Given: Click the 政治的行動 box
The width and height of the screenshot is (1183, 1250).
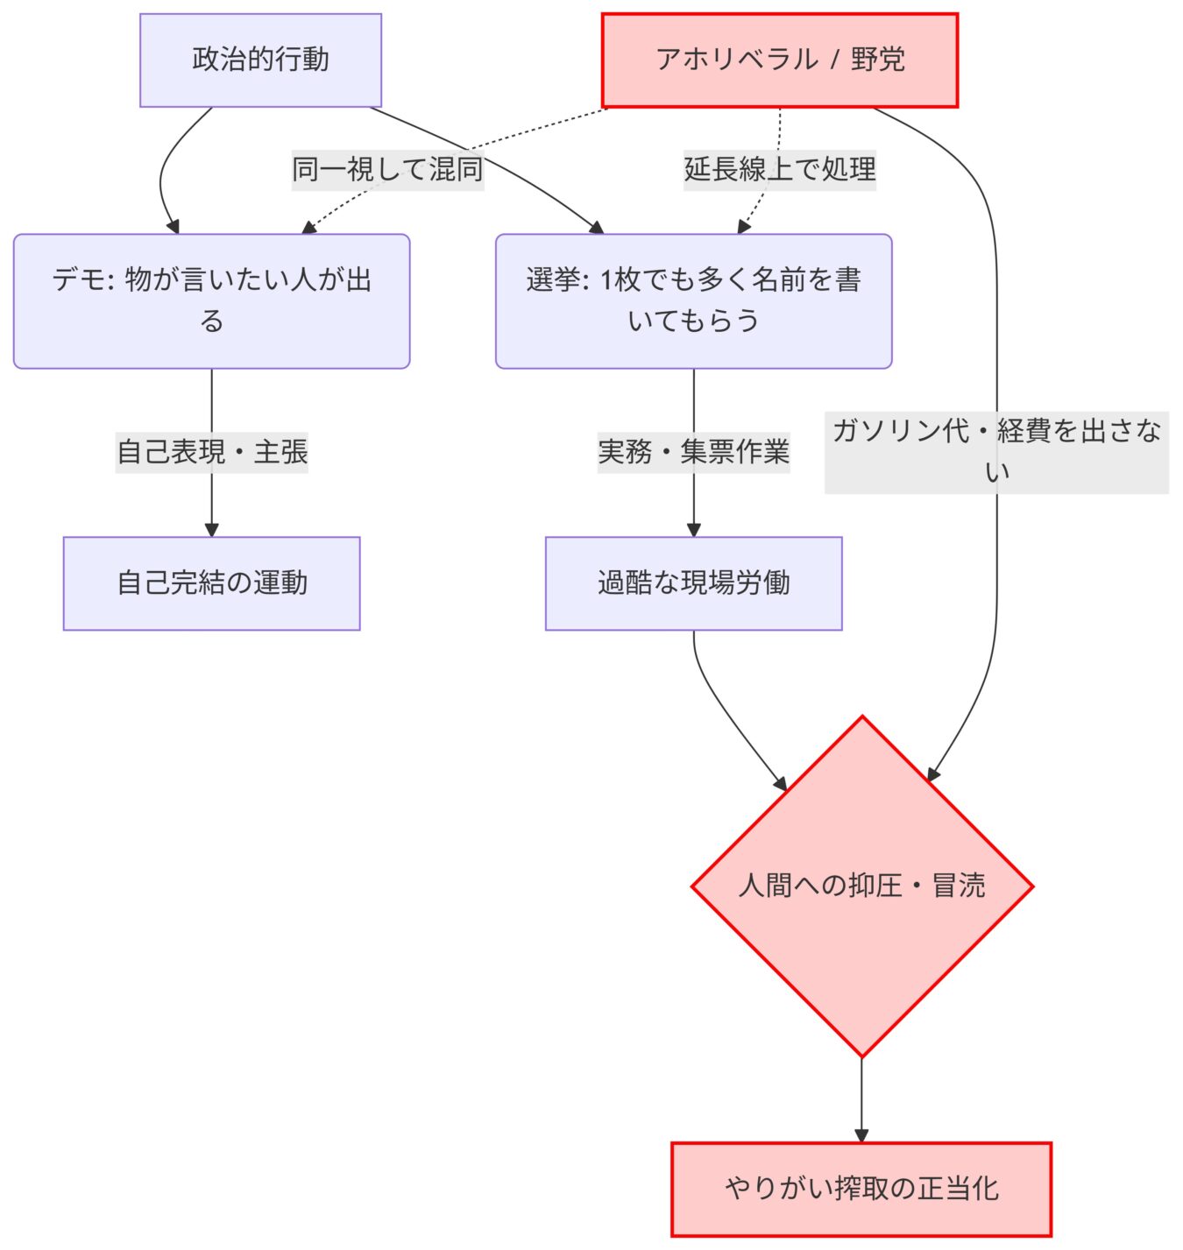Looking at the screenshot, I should point(260,60).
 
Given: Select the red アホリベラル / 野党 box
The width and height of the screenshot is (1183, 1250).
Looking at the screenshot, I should point(779,60).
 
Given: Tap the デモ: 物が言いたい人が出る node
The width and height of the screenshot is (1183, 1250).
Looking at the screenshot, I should point(211,300).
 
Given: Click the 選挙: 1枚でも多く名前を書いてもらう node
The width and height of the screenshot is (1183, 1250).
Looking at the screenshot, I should point(693,300).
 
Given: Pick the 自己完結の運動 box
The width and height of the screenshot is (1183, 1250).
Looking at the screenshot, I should point(211,583).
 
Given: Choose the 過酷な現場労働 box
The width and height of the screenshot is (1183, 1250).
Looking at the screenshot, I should point(693,583).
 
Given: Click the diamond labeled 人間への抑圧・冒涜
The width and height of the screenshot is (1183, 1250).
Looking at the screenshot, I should point(862,886).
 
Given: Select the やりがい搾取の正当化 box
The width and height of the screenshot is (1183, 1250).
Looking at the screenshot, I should point(861,1189).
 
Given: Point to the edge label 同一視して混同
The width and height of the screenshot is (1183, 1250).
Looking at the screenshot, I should point(387,169).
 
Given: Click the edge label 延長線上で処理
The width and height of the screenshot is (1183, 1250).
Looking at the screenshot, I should point(779,169).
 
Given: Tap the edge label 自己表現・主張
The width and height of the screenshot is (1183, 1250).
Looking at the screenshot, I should point(211,452).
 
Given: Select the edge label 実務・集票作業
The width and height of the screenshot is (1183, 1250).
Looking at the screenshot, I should point(693,452).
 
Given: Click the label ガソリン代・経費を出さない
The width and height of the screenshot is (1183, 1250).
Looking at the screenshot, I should point(996,451).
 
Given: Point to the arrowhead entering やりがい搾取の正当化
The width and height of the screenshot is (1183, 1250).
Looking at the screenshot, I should point(861,1135).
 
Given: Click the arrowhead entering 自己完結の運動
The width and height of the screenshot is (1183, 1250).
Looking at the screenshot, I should point(211,529).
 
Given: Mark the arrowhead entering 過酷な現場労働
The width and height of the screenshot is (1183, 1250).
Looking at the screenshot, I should point(693,529).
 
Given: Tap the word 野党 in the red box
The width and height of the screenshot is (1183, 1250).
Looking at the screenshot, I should point(877,60).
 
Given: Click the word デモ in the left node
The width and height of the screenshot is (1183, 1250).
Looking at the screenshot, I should point(76,280).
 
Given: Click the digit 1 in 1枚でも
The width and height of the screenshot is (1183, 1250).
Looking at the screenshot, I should point(606,280).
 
